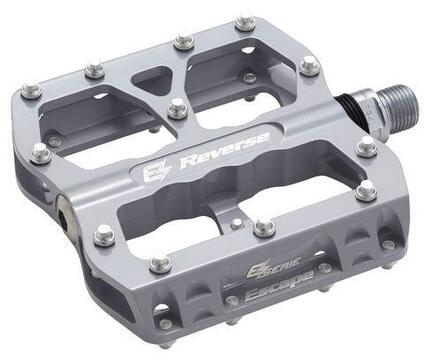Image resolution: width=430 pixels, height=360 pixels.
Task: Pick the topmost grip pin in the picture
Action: [245, 23]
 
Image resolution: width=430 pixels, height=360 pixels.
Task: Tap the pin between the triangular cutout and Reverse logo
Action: [178, 107]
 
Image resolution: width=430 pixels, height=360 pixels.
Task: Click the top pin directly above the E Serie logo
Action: [264, 228]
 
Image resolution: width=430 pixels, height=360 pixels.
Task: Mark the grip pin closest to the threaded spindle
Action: [310, 66]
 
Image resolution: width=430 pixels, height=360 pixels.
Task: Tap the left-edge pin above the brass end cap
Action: [41, 153]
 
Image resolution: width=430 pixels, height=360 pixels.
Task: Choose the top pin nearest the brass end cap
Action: [104, 236]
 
